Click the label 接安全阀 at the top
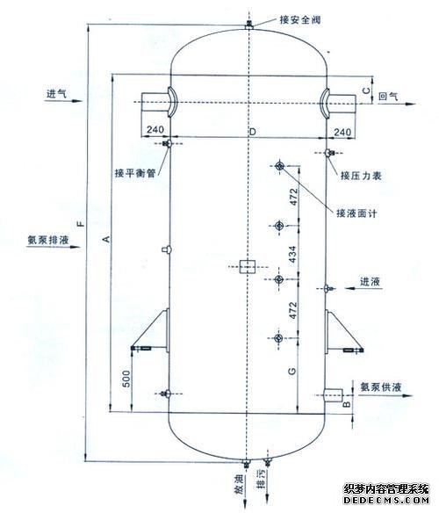pyautogui.click(x=299, y=19)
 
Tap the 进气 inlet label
pyautogui.click(x=56, y=94)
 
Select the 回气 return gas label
pyautogui.click(x=389, y=97)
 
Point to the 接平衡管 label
pyautogui.click(x=135, y=173)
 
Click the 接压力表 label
pyautogui.click(x=361, y=176)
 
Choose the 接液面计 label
pyautogui.click(x=356, y=213)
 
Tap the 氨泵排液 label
pyautogui.click(x=48, y=240)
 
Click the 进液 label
pyautogui.click(x=370, y=281)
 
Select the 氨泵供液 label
pyautogui.click(x=380, y=387)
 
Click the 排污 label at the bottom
pyautogui.click(x=262, y=479)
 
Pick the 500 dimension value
pyautogui.click(x=126, y=379)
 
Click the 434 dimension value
pyautogui.click(x=292, y=254)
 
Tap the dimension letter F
pyautogui.click(x=81, y=224)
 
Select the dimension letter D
pyautogui.click(x=253, y=132)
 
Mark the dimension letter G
pyautogui.click(x=291, y=371)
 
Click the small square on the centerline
pyautogui.click(x=248, y=267)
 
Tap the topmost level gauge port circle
pyautogui.click(x=280, y=166)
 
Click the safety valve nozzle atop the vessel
pyautogui.click(x=249, y=25)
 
